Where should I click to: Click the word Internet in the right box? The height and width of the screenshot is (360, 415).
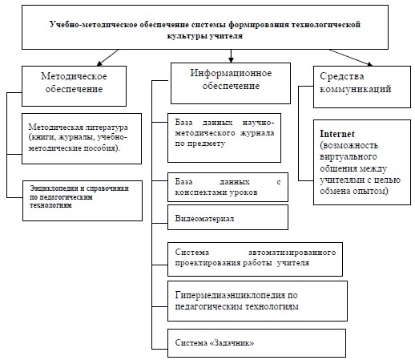337,134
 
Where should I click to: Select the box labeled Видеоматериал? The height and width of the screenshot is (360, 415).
228,217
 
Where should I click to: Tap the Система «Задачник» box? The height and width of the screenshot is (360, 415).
256,343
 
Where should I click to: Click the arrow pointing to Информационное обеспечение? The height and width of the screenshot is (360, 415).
231,56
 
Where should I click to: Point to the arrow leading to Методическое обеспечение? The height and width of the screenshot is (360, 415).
107,58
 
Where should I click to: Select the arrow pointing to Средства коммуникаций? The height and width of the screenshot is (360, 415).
350,58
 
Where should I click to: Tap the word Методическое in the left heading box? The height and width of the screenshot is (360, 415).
74,76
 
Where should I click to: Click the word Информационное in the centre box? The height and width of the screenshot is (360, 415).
231,73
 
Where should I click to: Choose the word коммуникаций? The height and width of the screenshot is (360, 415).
356,89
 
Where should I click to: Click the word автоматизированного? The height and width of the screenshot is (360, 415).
292,253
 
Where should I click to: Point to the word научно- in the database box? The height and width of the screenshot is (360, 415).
258,123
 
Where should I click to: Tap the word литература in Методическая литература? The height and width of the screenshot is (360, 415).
107,127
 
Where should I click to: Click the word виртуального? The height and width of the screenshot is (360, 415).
349,156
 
